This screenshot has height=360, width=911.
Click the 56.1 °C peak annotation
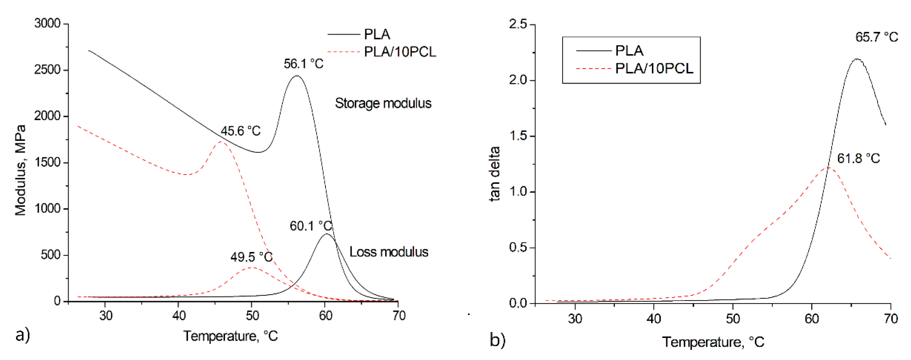tap(303, 64)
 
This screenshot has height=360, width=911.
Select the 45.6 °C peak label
tap(240, 131)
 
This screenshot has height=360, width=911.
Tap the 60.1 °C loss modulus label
tap(311, 226)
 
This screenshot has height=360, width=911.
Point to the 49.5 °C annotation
tap(251, 257)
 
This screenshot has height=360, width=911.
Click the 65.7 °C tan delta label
tap(876, 37)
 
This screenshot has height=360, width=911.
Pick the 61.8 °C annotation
tap(858, 158)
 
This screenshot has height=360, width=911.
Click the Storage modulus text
tap(383, 103)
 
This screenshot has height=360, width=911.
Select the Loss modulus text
tap(389, 252)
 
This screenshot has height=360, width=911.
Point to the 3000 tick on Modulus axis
tap(47, 24)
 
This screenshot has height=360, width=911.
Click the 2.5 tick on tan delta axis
tap(518, 24)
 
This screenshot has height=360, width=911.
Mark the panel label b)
tap(497, 340)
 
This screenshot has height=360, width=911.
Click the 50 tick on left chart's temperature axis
tap(252, 316)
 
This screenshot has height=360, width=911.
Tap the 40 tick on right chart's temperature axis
tap(653, 319)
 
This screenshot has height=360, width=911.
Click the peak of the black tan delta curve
tap(856, 59)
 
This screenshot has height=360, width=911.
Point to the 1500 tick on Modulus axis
tap(47, 162)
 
